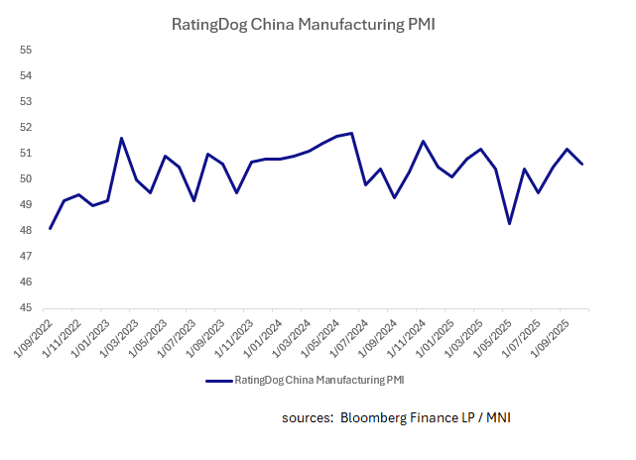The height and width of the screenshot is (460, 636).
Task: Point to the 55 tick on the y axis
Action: tap(27, 50)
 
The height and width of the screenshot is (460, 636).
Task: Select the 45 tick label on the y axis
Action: tap(27, 308)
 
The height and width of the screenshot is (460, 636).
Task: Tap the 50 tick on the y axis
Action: tap(27, 179)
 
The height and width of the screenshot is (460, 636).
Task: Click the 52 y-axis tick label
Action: tap(27, 128)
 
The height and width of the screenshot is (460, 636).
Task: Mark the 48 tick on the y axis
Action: tap(27, 231)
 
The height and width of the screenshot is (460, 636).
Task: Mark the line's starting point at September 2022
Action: tap(50, 229)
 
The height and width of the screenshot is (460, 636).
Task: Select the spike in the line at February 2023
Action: tap(121, 138)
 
